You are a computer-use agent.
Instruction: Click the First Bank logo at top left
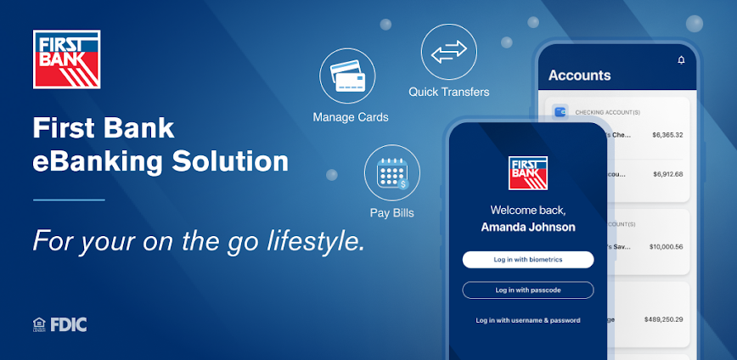point(66,59)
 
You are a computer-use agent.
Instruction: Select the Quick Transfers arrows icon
point(448,53)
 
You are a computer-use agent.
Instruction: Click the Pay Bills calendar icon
point(391,173)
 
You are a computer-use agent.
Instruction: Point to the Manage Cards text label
point(351,117)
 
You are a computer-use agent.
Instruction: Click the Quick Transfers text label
point(449,92)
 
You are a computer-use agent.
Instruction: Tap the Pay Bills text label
point(391,213)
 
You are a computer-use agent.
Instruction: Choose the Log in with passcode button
point(527,290)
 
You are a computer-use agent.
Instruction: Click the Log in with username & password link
point(527,320)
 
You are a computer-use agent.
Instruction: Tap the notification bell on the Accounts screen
point(681,60)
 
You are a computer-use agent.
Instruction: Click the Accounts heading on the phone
point(579,76)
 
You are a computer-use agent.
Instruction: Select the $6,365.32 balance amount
point(667,135)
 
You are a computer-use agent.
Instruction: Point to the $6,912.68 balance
point(667,174)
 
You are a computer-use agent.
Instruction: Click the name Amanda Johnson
point(528,228)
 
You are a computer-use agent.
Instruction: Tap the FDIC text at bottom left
point(68,323)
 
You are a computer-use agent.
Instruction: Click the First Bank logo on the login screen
point(528,172)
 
